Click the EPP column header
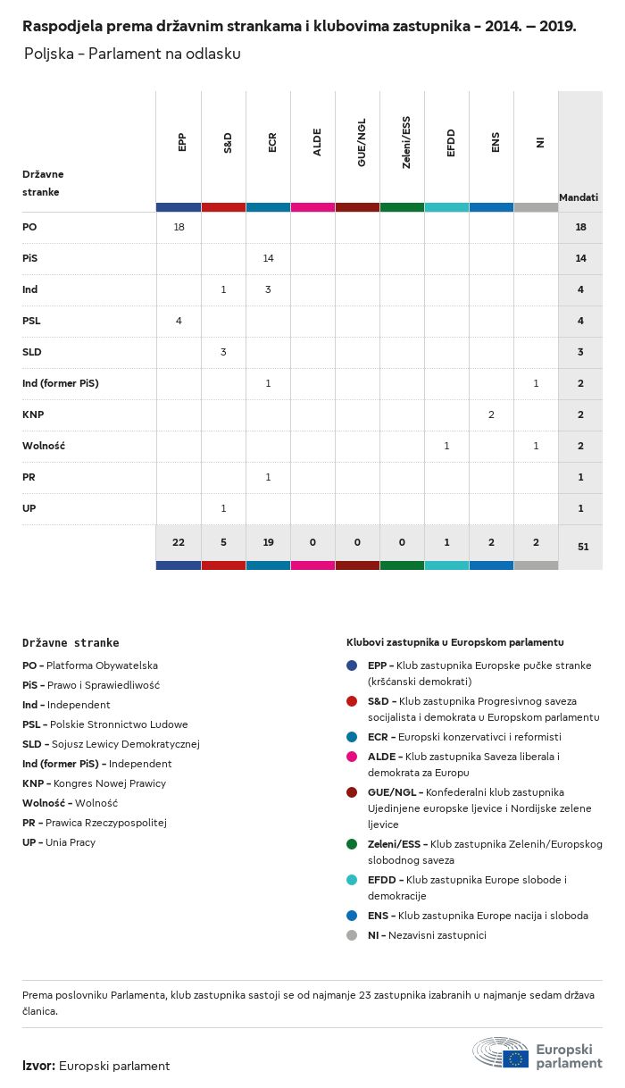(x=182, y=143)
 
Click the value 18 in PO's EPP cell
(x=179, y=227)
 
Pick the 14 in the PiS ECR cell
(x=268, y=258)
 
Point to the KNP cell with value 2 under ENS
(x=491, y=414)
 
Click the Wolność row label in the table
(x=44, y=446)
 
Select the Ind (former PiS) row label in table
(x=61, y=383)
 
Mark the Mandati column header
(x=579, y=197)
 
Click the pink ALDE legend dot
(x=352, y=757)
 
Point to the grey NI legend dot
(x=352, y=935)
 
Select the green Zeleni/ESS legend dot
(x=352, y=844)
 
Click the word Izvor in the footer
(x=38, y=1066)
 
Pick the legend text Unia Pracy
(x=71, y=842)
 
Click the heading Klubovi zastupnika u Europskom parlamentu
(x=454, y=642)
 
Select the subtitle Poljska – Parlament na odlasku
(x=132, y=54)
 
